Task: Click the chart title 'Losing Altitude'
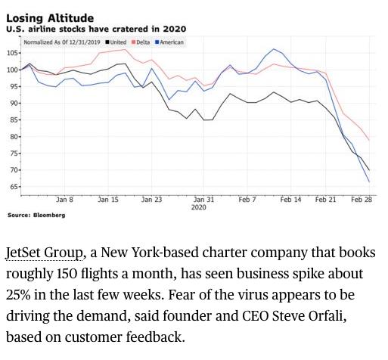[x=50, y=18]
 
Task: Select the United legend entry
[x=116, y=42]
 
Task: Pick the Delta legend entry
[x=141, y=42]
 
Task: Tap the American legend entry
[x=169, y=42]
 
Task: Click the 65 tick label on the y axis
[x=13, y=187]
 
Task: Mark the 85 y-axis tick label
[x=13, y=120]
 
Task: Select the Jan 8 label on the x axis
[x=64, y=200]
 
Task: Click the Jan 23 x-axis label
[x=151, y=200]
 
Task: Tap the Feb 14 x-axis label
[x=290, y=200]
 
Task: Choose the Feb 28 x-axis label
[x=362, y=200]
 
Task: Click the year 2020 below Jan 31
[x=199, y=207]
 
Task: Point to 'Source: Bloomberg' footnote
[x=36, y=215]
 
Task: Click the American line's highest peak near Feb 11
[x=274, y=49]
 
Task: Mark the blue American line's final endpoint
[x=369, y=182]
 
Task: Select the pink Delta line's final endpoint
[x=369, y=140]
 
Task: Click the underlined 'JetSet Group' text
[x=44, y=253]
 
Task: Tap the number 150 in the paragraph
[x=67, y=274]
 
